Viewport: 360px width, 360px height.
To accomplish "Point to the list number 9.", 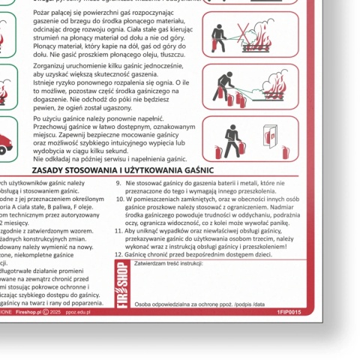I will coord(118,181).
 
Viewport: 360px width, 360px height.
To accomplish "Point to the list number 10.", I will coord(118,199).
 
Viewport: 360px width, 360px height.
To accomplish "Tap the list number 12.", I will coord(118,255).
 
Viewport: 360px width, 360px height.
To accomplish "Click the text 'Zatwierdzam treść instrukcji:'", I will coord(169,263).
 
